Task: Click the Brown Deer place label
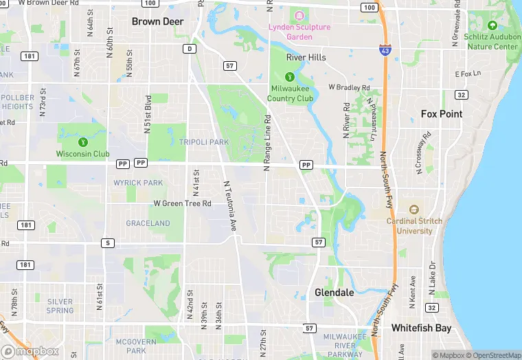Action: [x=157, y=21]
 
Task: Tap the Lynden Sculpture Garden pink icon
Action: [x=299, y=15]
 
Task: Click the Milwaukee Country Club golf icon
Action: [x=290, y=77]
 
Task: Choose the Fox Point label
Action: [x=442, y=114]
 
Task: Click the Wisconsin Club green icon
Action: [x=83, y=142]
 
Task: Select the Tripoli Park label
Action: [x=203, y=142]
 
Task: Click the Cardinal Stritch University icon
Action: [x=413, y=210]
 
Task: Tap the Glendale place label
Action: [x=334, y=293]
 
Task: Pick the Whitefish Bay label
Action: [x=421, y=328]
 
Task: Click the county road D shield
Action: [x=189, y=48]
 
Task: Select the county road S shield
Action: [x=107, y=243]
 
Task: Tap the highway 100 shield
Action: [x=370, y=8]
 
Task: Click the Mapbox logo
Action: [x=30, y=351]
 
